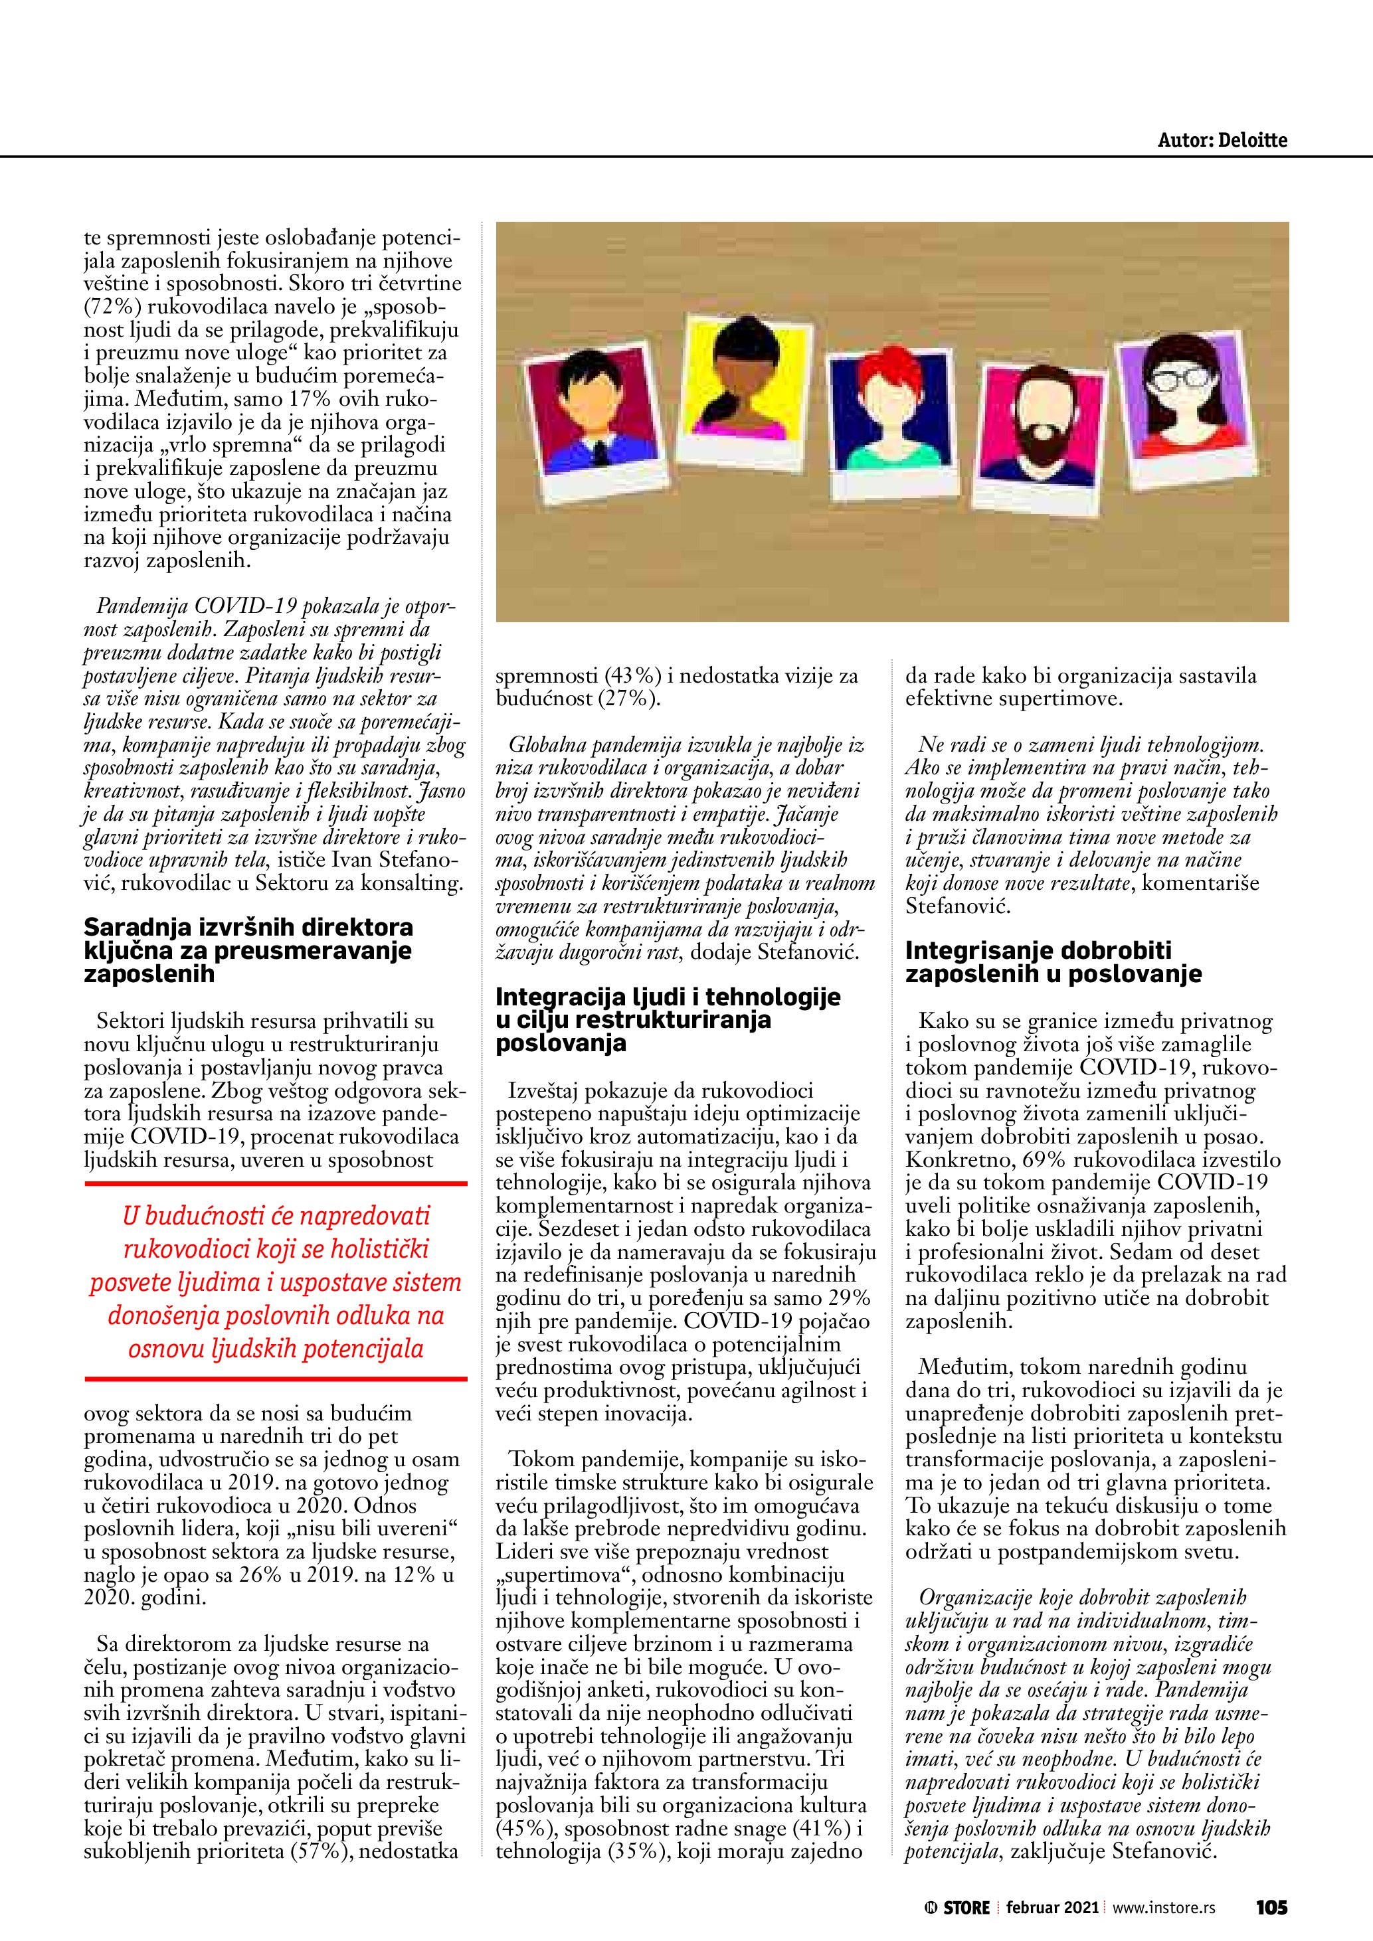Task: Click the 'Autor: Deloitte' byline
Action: [1222, 140]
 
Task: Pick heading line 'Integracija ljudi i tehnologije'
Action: [668, 997]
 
